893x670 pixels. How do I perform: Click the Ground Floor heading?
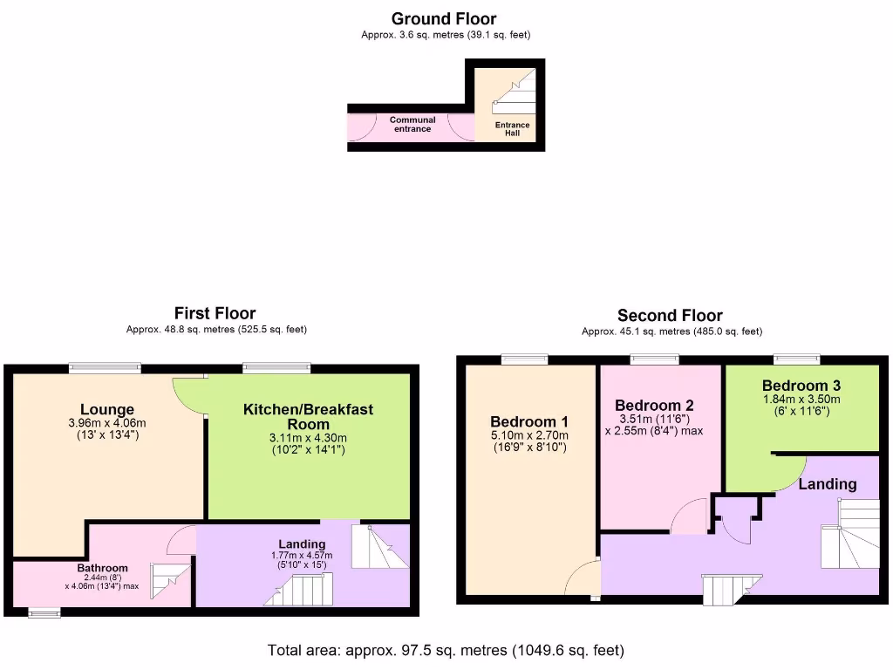pyautogui.click(x=444, y=18)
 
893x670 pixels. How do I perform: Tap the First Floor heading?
pyautogui.click(x=215, y=313)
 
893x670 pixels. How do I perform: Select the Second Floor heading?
pyautogui.click(x=670, y=316)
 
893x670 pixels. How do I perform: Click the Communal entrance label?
pyautogui.click(x=412, y=125)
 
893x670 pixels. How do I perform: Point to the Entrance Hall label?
pyautogui.click(x=513, y=129)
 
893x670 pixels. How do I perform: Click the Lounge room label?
pyautogui.click(x=107, y=409)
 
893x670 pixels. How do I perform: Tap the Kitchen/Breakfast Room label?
pyautogui.click(x=308, y=415)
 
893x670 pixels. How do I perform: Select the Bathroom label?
pyautogui.click(x=102, y=568)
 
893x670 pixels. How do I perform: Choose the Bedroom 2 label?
pyautogui.click(x=654, y=405)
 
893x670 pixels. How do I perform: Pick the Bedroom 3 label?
pyautogui.click(x=801, y=386)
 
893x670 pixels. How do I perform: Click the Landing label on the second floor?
pyautogui.click(x=828, y=484)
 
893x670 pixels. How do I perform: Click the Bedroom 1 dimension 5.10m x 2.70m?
pyautogui.click(x=530, y=436)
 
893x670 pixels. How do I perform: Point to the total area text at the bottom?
pyautogui.click(x=445, y=650)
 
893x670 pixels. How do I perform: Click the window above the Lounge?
pyautogui.click(x=106, y=368)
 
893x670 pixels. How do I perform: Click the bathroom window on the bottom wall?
pyautogui.click(x=44, y=613)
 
